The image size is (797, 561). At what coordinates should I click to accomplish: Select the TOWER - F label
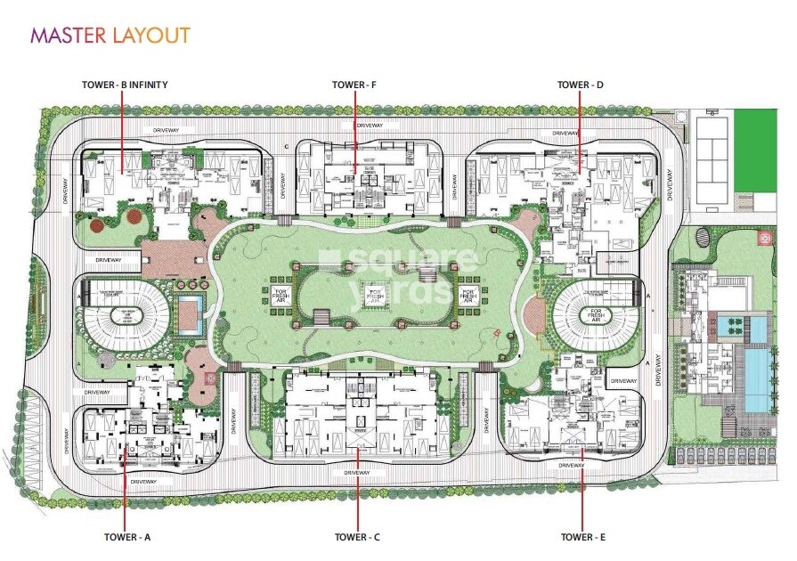click(x=354, y=85)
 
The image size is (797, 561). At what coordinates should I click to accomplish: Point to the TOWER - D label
click(x=581, y=85)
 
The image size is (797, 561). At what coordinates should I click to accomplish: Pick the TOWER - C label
click(x=358, y=537)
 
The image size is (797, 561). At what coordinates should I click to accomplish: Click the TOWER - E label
click(x=583, y=537)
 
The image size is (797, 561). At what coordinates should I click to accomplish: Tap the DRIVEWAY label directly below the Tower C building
click(x=356, y=473)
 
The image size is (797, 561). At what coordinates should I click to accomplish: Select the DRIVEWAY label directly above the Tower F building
click(x=368, y=126)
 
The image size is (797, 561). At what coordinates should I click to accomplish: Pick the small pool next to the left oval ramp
click(x=190, y=316)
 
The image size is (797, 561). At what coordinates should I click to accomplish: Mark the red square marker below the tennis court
click(x=765, y=239)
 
